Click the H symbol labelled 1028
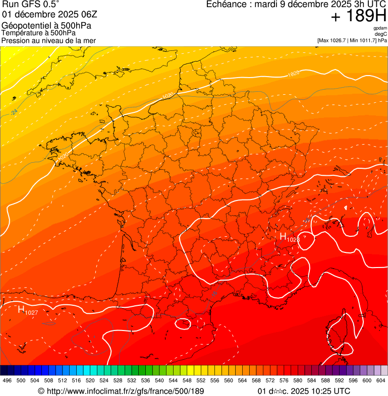[x=283, y=236]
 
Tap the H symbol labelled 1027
[x=21, y=309]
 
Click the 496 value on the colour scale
[x=7, y=380]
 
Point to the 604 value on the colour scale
[x=380, y=380]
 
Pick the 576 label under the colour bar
[x=284, y=380]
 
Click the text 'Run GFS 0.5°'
[x=31, y=5]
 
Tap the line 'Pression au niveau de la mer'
[x=48, y=40]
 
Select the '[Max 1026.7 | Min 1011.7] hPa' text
[x=352, y=40]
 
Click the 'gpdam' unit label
[x=380, y=28]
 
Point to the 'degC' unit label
[x=381, y=34]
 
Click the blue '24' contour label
[x=14, y=111]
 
